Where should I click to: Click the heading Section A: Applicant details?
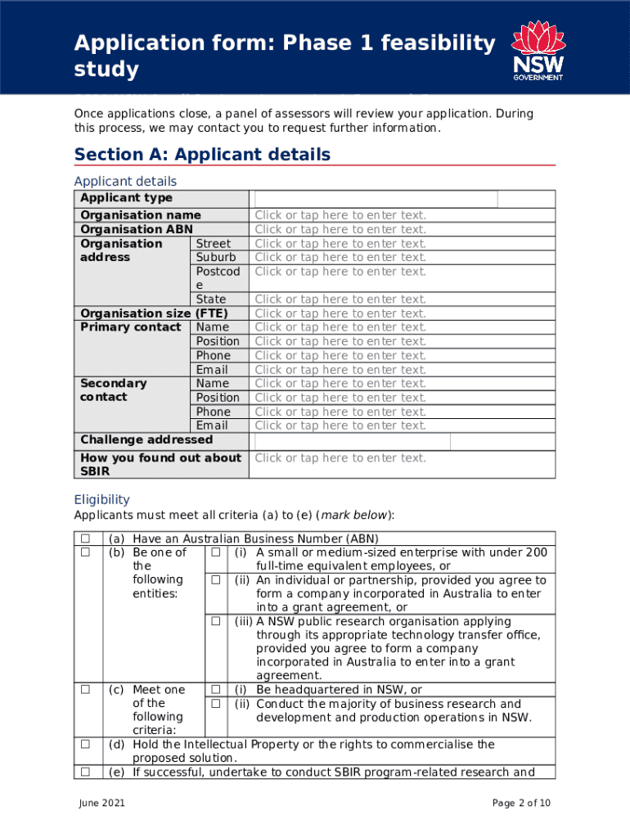click(202, 155)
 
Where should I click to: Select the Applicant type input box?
click(376, 199)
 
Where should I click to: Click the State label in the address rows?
click(211, 300)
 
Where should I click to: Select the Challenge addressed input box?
click(352, 441)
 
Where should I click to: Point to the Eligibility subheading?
click(101, 499)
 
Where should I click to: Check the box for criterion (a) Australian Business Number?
click(84, 538)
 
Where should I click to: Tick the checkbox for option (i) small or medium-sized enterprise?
click(216, 552)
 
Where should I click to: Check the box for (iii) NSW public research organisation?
click(216, 622)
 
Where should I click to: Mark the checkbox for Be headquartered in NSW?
click(216, 690)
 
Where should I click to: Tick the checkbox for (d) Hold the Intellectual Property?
click(84, 745)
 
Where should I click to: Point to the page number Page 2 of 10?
click(521, 804)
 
